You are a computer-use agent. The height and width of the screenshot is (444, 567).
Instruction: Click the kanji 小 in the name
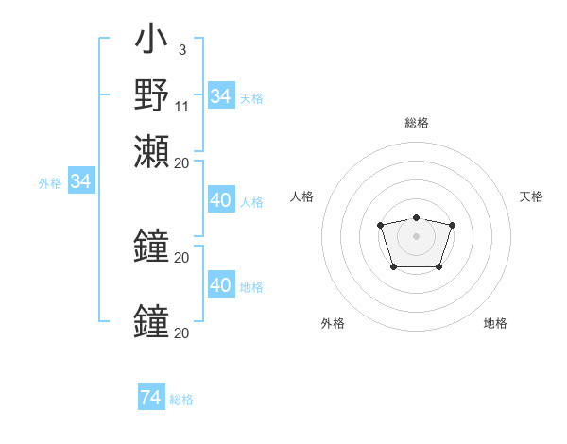point(151,42)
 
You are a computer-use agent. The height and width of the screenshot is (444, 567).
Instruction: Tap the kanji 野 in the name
point(151,94)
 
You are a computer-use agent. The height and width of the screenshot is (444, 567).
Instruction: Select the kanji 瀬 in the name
point(151,151)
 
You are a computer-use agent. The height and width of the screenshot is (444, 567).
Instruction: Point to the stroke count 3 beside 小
point(181,49)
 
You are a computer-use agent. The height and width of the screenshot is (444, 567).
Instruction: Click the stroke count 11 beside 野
point(181,106)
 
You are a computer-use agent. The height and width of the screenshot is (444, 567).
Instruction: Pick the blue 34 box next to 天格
point(220,96)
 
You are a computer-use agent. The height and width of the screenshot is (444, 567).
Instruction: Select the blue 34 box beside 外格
point(80,181)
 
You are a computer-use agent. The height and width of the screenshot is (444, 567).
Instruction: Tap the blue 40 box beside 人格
point(220,200)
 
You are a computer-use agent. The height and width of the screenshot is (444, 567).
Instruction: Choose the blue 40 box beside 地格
point(220,285)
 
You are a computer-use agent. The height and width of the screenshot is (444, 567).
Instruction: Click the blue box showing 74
point(150,398)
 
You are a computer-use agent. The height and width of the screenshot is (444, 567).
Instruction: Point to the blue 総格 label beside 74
point(181,400)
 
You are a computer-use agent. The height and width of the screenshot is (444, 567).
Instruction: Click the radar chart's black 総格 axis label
point(416,123)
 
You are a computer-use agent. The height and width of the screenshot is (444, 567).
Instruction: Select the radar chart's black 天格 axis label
point(531,196)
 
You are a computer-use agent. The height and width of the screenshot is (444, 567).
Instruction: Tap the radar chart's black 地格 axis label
point(495,323)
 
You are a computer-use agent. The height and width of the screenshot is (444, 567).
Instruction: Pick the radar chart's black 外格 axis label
point(333,323)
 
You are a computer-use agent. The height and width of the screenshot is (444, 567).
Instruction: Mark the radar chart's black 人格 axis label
point(302,196)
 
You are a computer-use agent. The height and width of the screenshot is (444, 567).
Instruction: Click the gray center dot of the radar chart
point(416,235)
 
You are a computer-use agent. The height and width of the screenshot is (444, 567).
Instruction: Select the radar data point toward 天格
point(452,225)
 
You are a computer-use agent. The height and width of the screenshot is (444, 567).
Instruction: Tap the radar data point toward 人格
point(380,225)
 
